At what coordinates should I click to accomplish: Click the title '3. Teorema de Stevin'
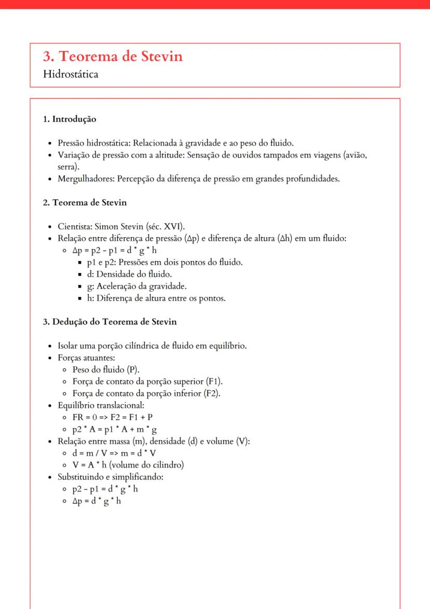click(113, 56)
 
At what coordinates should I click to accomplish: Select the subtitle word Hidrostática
click(71, 74)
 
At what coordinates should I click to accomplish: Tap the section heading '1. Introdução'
click(69, 119)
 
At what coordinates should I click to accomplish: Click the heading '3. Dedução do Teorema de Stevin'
click(110, 321)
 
